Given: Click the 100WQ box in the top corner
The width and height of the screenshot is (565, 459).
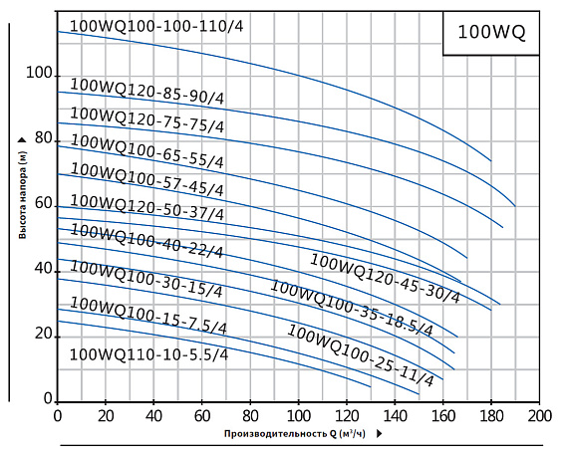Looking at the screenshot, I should point(490,31).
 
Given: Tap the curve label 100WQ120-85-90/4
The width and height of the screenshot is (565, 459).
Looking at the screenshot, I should point(147,91).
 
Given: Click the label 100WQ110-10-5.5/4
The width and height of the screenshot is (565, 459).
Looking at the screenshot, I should point(149,353).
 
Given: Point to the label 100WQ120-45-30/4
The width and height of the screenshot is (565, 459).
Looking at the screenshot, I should point(385,279).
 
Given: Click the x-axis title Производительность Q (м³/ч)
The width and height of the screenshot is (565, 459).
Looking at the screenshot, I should point(293,434).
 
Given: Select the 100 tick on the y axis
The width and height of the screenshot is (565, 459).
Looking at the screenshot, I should point(38,74).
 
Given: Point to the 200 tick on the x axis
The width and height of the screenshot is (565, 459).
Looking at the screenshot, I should point(539,414).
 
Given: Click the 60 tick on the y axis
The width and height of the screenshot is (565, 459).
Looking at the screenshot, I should point(43,204).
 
